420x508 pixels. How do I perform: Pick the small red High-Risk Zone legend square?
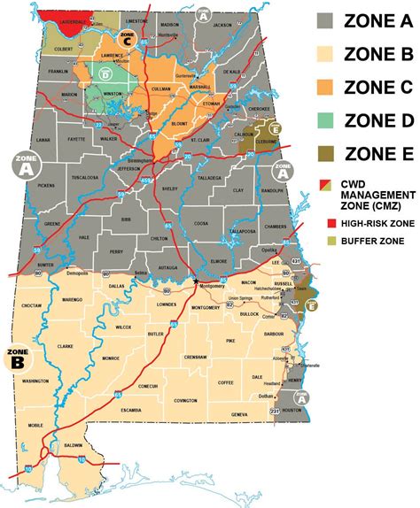(325, 222)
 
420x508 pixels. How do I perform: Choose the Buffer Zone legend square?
(325, 240)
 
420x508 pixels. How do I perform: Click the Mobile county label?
(36, 425)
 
